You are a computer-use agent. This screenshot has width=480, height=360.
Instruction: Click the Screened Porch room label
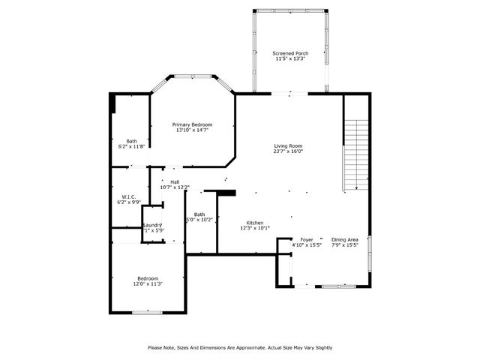290,52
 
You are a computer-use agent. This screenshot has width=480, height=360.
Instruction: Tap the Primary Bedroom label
192,124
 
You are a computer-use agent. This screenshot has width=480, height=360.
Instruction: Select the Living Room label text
287,145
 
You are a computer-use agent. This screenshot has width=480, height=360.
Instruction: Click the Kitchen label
255,223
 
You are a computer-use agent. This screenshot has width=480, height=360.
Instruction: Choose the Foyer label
307,239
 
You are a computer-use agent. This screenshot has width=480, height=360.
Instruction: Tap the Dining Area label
345,239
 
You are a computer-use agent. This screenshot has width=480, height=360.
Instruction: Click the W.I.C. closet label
127,197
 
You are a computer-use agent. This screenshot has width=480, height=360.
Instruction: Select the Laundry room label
153,225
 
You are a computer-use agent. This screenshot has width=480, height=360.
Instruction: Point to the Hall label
175,181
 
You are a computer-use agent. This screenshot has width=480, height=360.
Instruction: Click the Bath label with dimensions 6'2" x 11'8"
131,141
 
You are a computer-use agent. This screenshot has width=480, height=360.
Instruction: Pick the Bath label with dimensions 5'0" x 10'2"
199,214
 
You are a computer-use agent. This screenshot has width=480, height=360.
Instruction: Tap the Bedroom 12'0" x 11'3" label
147,278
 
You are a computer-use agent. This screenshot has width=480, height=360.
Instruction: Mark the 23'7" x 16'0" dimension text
287,151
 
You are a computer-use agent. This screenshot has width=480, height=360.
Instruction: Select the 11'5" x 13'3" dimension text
290,58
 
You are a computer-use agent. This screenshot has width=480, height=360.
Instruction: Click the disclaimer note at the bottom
240,347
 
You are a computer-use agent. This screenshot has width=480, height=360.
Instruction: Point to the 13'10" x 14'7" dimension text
192,130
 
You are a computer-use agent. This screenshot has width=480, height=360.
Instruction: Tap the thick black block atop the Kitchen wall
226,193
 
